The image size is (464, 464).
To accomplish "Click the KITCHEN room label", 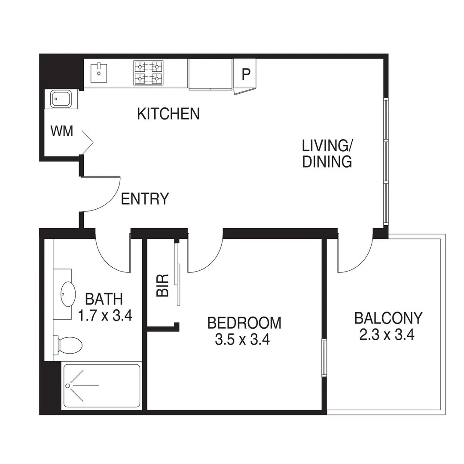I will point(168,114).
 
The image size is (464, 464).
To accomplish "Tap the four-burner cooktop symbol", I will point(148,73).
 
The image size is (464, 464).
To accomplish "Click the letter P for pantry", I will point(245,74).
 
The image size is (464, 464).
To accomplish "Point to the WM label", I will point(62,131).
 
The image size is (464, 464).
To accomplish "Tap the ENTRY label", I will point(145,199).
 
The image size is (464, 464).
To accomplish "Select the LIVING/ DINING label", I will point(327,153).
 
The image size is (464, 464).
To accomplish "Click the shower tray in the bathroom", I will point(101,386).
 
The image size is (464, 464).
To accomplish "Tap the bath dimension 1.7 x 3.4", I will point(104,316).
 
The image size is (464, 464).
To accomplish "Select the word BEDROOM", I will point(244,323).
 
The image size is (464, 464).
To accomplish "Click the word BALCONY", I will point(388,318).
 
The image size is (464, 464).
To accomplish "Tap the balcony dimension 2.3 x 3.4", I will point(386,335).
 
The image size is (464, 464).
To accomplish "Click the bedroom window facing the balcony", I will point(324,357).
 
